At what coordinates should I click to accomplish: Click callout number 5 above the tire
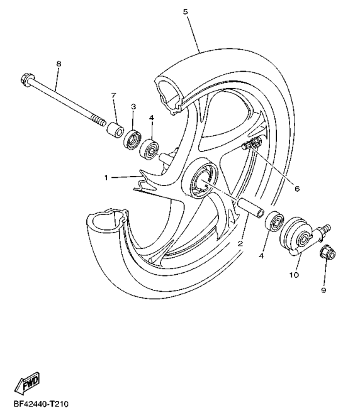tap(185, 12)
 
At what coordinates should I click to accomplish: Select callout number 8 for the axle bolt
tap(59, 64)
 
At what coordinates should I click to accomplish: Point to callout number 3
tap(133, 107)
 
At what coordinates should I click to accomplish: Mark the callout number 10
tap(292, 274)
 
